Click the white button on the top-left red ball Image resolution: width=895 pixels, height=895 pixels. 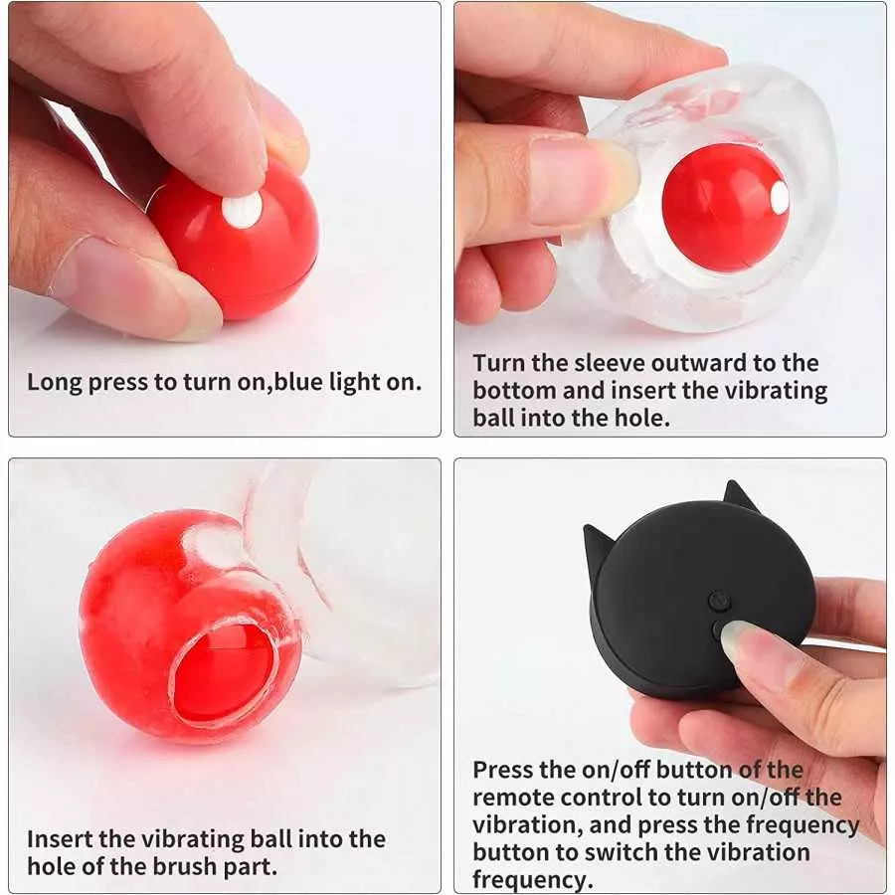click(x=242, y=208)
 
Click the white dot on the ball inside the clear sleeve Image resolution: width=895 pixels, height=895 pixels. click(x=779, y=198)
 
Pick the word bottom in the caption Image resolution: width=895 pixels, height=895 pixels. click(x=515, y=391)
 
